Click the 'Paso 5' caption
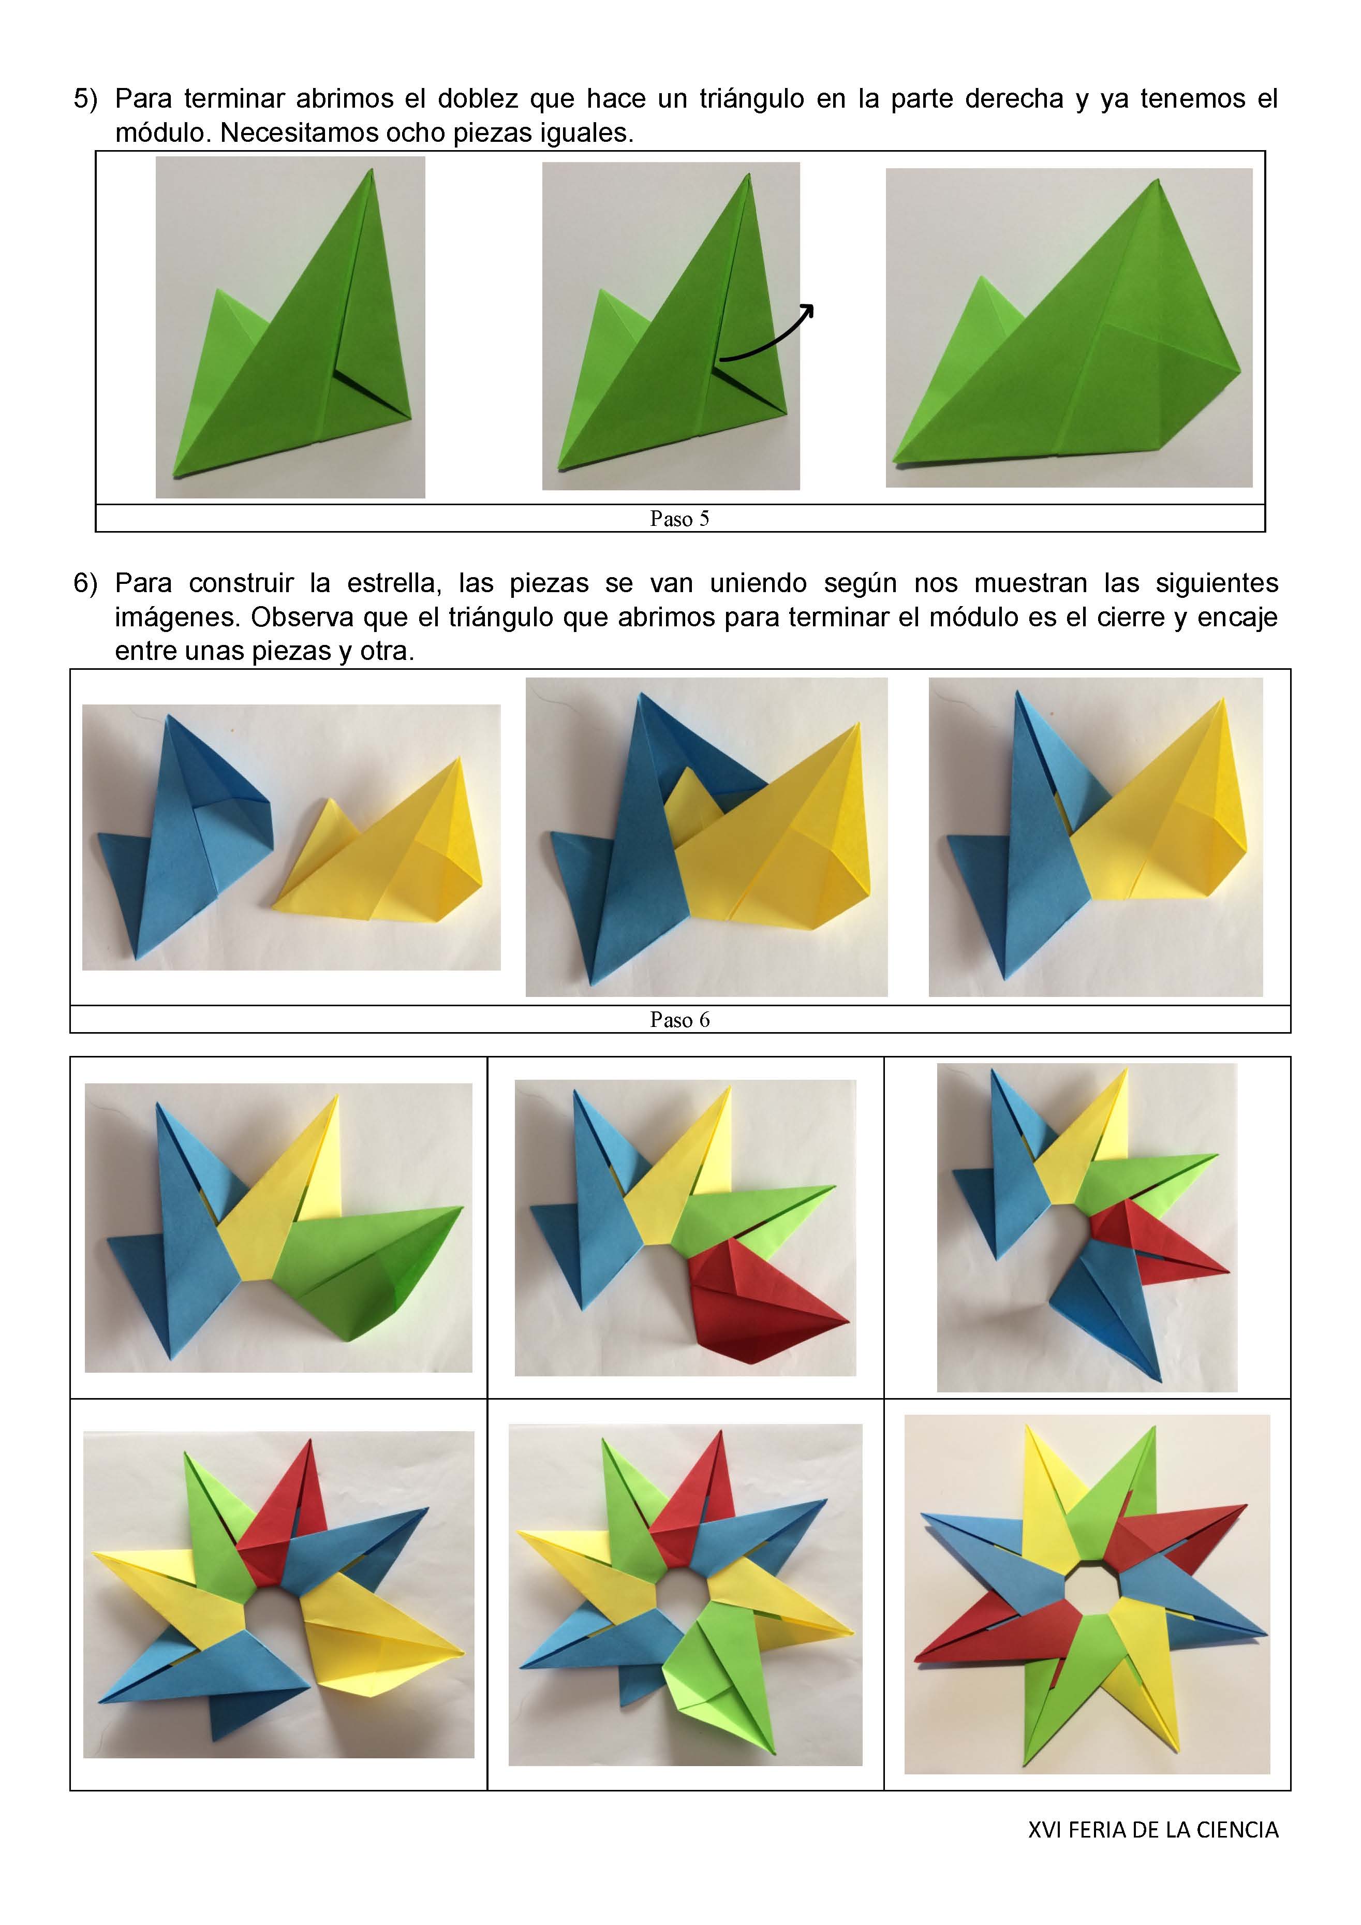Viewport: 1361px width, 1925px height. [679, 519]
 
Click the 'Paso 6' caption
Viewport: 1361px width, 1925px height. [679, 1020]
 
